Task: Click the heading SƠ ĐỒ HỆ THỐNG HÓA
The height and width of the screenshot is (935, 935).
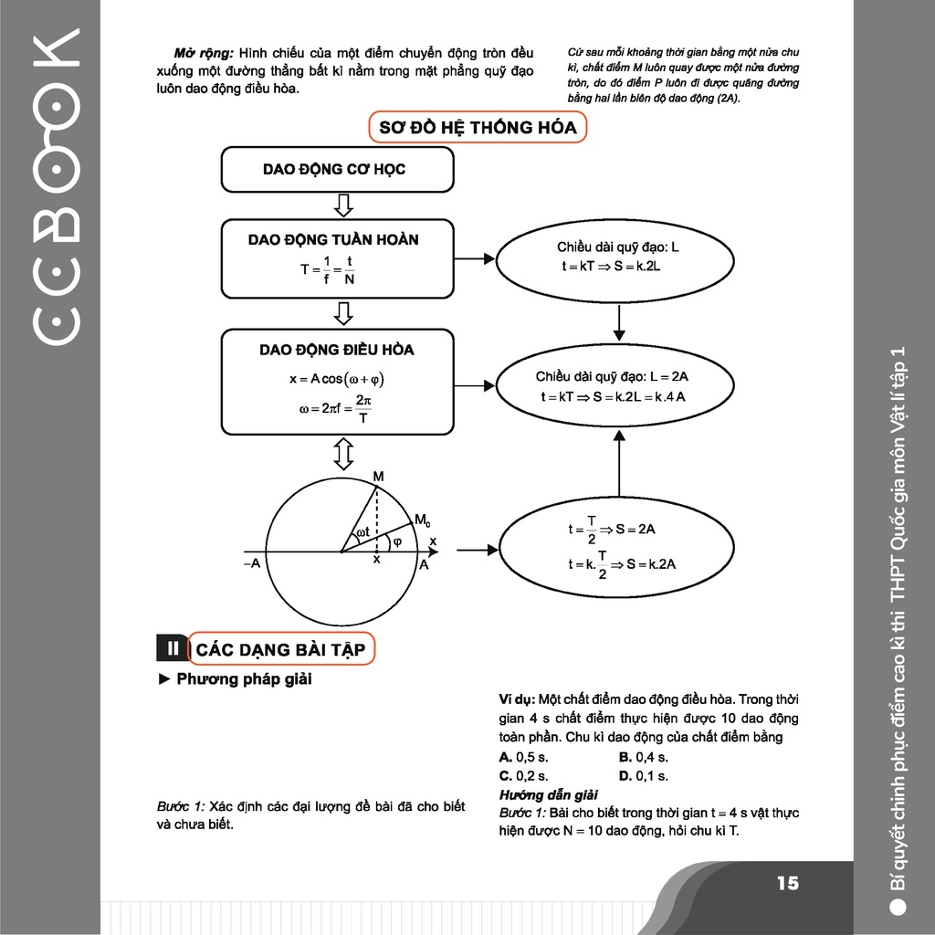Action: (x=478, y=128)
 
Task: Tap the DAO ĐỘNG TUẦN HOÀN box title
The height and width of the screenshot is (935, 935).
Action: (x=333, y=240)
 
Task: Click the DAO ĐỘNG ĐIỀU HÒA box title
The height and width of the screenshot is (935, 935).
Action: (x=336, y=350)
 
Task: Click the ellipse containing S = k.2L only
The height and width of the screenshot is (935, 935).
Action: (x=619, y=257)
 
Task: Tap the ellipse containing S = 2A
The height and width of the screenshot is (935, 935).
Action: (x=619, y=546)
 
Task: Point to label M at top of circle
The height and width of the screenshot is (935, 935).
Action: (x=378, y=477)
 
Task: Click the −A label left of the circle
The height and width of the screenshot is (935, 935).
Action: (x=252, y=563)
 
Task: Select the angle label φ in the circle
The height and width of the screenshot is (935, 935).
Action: (x=396, y=541)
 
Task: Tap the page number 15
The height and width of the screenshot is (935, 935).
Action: (x=787, y=883)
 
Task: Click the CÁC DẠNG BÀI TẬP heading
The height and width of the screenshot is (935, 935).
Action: (x=281, y=649)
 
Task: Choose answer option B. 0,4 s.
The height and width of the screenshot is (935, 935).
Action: (x=644, y=757)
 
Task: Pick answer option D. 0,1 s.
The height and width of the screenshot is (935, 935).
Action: (x=644, y=776)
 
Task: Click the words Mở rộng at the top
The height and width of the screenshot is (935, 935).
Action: (x=197, y=53)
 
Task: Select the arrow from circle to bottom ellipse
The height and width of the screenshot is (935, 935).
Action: (x=474, y=550)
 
